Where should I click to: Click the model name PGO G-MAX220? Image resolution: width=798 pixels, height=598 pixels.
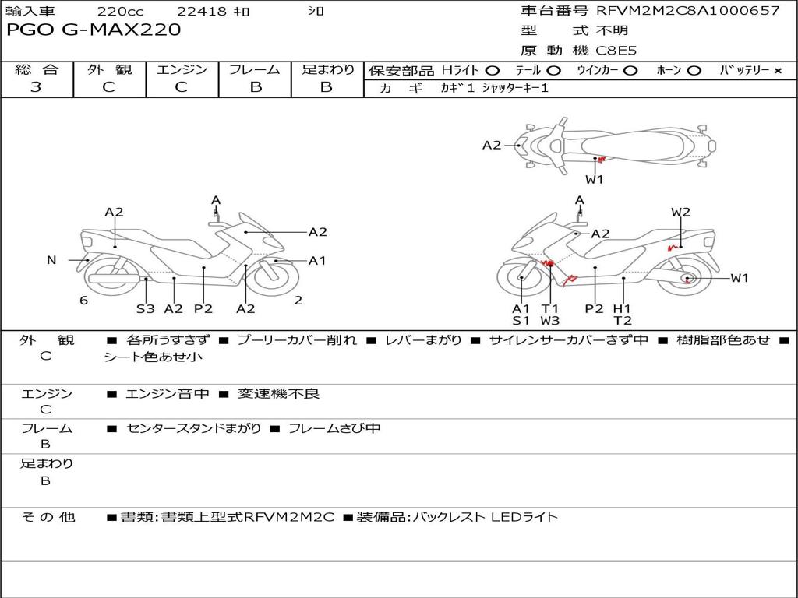(x=94, y=30)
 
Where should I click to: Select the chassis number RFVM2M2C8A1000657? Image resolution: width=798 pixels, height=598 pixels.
(x=687, y=11)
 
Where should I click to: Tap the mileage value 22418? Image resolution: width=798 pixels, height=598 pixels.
(x=202, y=12)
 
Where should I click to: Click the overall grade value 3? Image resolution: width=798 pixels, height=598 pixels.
(x=36, y=87)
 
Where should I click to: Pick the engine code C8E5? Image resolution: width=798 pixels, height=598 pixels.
(x=617, y=51)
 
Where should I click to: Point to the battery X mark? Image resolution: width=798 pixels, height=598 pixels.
(x=778, y=71)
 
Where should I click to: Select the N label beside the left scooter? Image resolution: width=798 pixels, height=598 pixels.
(x=51, y=260)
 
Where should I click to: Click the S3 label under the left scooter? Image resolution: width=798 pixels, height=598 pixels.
(x=146, y=308)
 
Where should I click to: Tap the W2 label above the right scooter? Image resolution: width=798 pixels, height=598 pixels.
(x=681, y=212)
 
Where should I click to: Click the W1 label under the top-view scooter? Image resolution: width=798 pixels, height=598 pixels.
(x=595, y=179)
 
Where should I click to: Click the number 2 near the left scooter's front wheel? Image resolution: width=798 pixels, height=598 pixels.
(x=298, y=301)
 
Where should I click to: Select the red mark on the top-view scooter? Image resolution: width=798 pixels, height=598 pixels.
(x=600, y=160)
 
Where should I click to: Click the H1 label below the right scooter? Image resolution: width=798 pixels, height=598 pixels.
(x=622, y=308)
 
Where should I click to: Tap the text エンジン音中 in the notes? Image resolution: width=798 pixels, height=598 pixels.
(x=168, y=394)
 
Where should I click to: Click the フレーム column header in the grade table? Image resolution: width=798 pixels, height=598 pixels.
(x=255, y=70)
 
